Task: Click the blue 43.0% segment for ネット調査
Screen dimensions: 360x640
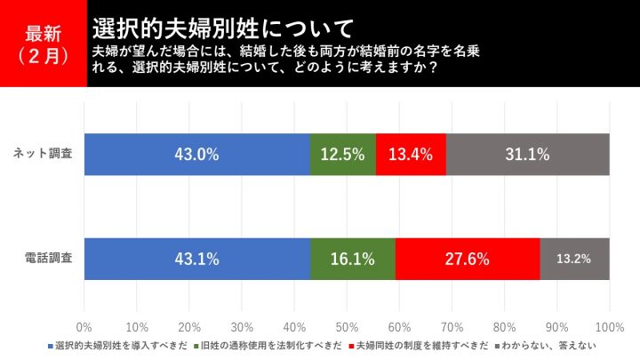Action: tap(197, 154)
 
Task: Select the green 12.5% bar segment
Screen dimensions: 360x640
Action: tap(343, 154)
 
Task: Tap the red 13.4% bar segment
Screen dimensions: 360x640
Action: tap(411, 154)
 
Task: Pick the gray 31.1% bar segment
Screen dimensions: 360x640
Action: tap(528, 154)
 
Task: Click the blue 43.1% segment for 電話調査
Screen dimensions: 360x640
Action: tap(197, 260)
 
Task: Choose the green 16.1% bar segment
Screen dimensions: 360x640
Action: tap(353, 260)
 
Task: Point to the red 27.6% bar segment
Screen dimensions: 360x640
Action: tap(468, 260)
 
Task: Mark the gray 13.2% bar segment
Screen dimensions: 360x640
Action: tap(575, 260)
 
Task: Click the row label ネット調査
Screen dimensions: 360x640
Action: tap(44, 154)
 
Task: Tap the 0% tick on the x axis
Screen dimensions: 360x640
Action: tap(85, 325)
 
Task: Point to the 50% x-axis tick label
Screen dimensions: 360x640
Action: tap(348, 325)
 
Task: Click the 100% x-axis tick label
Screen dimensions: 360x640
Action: tap(609, 325)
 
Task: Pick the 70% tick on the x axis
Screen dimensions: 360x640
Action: tap(452, 325)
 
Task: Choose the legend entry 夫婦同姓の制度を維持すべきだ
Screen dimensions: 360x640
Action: tap(420, 344)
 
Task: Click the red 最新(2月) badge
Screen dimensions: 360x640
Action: tap(43, 43)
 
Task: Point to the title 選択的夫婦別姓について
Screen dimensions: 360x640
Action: tap(222, 24)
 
